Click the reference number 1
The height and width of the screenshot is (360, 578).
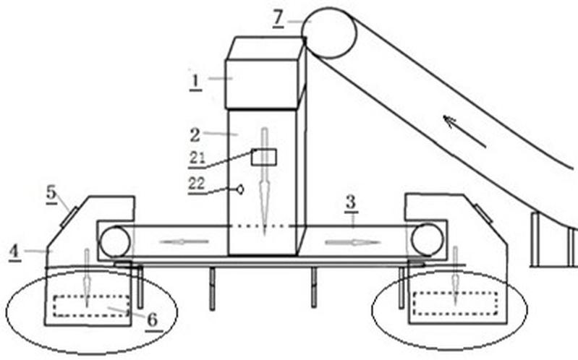coord(195,80)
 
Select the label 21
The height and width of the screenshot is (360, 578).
coord(197,158)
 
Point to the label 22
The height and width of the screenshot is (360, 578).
coord(197,184)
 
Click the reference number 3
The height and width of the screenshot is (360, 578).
coord(350,202)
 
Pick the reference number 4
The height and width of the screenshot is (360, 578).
coord(14,251)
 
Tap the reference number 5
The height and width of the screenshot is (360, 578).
coord(51,194)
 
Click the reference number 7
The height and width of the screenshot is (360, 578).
coord(279,17)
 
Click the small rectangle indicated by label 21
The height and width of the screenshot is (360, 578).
coord(260,157)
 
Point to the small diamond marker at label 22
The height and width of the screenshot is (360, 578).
coord(239,189)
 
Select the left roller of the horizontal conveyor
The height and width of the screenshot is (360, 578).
coord(115,241)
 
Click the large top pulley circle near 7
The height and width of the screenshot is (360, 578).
coord(329,33)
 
